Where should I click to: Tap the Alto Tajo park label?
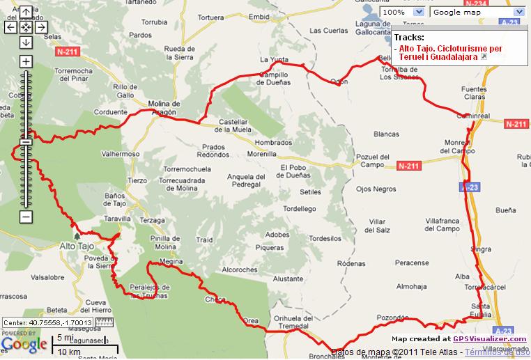[77, 246]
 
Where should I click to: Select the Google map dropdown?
[477, 12]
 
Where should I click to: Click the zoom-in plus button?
[26, 61]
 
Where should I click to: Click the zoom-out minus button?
[26, 217]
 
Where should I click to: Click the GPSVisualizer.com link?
[490, 339]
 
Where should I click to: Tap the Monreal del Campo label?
[457, 146]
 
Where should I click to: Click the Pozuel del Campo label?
[376, 161]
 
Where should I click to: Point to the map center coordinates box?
[48, 322]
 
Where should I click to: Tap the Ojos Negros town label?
[376, 189]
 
